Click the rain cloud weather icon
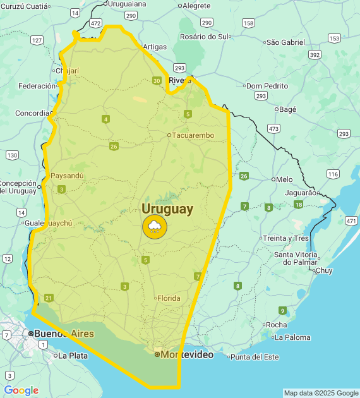point(155,227)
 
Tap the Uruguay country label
point(167,208)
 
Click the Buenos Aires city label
point(64,334)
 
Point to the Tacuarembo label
point(193,135)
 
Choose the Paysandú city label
point(67,176)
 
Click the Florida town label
point(169,298)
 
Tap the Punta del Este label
point(254,357)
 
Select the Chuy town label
point(323,270)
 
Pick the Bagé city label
point(287,109)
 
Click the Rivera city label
point(180,80)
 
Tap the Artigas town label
point(155,46)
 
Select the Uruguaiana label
point(128,4)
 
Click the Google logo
point(21,390)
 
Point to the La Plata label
point(73,356)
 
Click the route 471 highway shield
point(351,220)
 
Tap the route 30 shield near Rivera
point(157,80)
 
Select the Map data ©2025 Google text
point(320,393)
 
